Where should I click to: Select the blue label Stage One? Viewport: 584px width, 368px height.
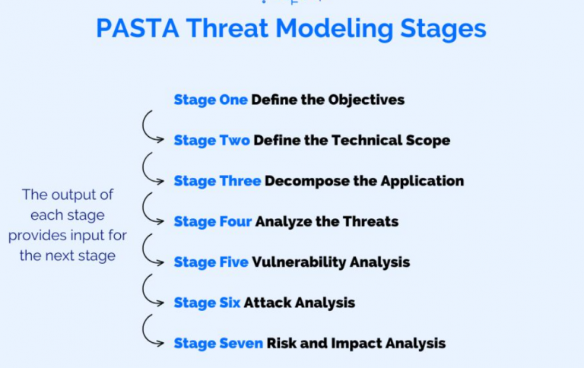[211, 100]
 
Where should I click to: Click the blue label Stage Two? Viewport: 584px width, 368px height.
[211, 141]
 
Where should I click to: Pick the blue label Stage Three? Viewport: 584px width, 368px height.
[217, 181]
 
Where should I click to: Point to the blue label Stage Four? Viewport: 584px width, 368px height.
[213, 221]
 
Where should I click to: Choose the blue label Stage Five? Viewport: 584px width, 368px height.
[211, 262]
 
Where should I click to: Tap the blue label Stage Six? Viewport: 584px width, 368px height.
[207, 303]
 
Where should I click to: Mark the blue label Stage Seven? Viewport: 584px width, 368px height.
[218, 343]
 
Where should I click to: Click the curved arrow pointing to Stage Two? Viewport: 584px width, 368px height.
[151, 127]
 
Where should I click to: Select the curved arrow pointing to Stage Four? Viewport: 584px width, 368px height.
[151, 208]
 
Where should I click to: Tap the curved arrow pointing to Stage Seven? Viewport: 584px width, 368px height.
[151, 330]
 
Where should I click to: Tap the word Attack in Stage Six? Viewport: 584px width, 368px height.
[266, 303]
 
